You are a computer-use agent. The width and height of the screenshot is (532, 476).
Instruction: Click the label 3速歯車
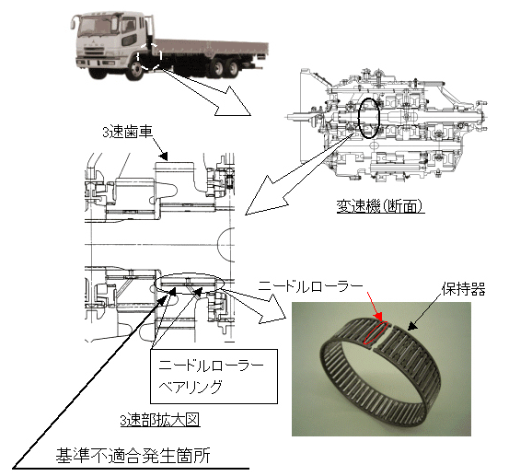point(128,132)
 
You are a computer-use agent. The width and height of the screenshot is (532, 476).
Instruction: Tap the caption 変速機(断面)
point(380,205)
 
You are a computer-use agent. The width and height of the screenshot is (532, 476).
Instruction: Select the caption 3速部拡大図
point(160,420)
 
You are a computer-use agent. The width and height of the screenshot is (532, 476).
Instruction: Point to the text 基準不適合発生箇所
point(133,456)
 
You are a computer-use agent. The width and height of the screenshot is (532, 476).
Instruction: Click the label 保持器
point(463,289)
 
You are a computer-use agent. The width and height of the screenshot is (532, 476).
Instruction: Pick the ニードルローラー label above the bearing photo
point(310,286)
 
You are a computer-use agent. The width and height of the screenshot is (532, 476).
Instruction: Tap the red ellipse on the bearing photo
point(376,332)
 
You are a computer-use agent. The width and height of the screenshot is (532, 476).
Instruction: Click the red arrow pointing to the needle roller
point(376,305)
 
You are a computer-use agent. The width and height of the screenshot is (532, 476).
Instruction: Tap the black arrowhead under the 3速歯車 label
point(163,156)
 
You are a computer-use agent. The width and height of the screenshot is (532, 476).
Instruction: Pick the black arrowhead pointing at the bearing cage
point(412,326)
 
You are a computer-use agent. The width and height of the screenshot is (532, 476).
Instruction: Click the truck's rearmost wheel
point(233,67)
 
